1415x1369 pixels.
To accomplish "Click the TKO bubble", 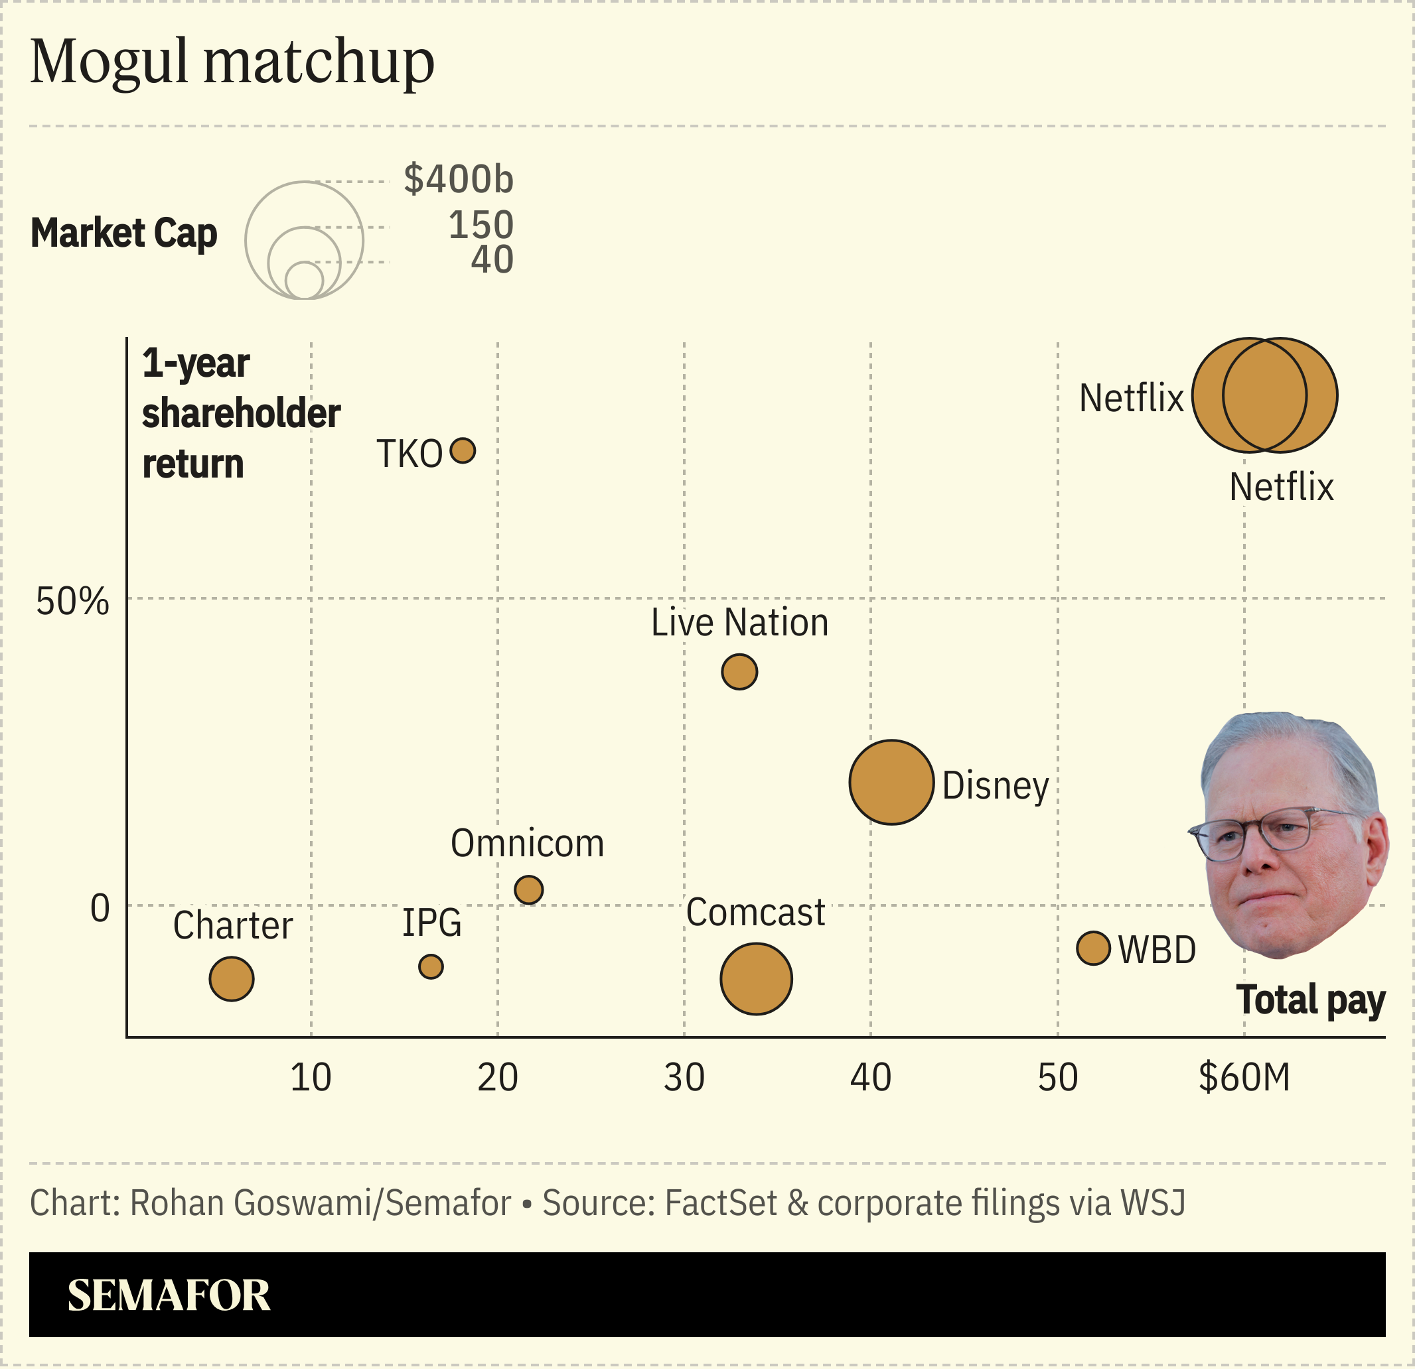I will click(463, 451).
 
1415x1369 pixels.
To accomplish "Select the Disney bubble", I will click(891, 782).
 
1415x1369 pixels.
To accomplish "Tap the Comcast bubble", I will click(756, 979).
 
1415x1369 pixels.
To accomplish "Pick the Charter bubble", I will click(231, 979).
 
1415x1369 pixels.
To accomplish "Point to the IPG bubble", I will click(431, 967).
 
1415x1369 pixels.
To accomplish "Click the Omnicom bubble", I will click(528, 890).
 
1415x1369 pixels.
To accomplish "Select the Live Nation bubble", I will click(739, 672).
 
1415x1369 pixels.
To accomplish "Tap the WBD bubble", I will click(1093, 948).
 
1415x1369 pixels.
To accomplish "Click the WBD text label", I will click(1157, 950).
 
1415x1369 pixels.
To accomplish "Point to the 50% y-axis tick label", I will click(72, 601).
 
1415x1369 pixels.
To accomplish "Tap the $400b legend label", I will click(459, 179).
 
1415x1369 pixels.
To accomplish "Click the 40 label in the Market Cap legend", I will click(492, 260).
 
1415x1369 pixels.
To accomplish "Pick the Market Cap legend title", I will click(123, 233).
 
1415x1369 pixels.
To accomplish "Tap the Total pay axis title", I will click(1310, 1000).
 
